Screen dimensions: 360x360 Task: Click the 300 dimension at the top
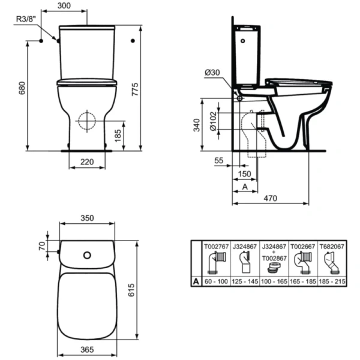(x=64, y=5)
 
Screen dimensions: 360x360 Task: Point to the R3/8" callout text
(x=26, y=19)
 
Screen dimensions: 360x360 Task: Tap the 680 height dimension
(x=22, y=88)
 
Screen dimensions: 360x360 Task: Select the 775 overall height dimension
(x=135, y=89)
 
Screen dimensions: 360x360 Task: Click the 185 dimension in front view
(x=118, y=136)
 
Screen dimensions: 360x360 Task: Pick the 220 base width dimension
(x=87, y=162)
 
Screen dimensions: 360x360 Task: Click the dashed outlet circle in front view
(x=87, y=121)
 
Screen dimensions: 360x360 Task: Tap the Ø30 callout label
(x=212, y=73)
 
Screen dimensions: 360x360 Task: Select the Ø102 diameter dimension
(x=213, y=121)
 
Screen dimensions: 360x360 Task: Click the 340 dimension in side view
(x=197, y=125)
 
